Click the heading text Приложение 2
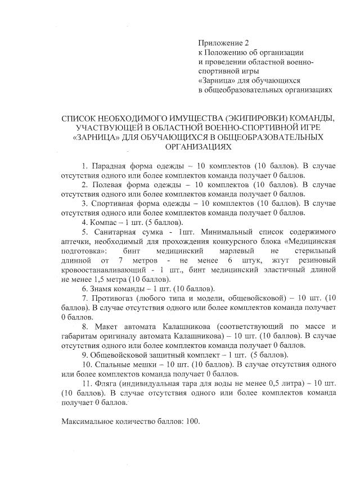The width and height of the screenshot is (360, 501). click(x=223, y=43)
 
